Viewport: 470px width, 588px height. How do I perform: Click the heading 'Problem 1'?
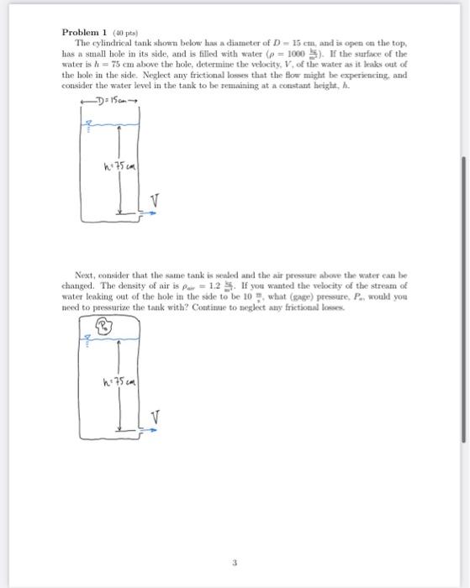coord(83,32)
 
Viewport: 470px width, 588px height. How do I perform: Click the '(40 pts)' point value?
coord(119,32)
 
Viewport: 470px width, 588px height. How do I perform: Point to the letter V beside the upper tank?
coord(153,199)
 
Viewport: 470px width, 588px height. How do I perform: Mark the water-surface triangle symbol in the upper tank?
coord(86,125)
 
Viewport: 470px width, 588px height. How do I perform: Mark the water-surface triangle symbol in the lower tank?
coord(84,343)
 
